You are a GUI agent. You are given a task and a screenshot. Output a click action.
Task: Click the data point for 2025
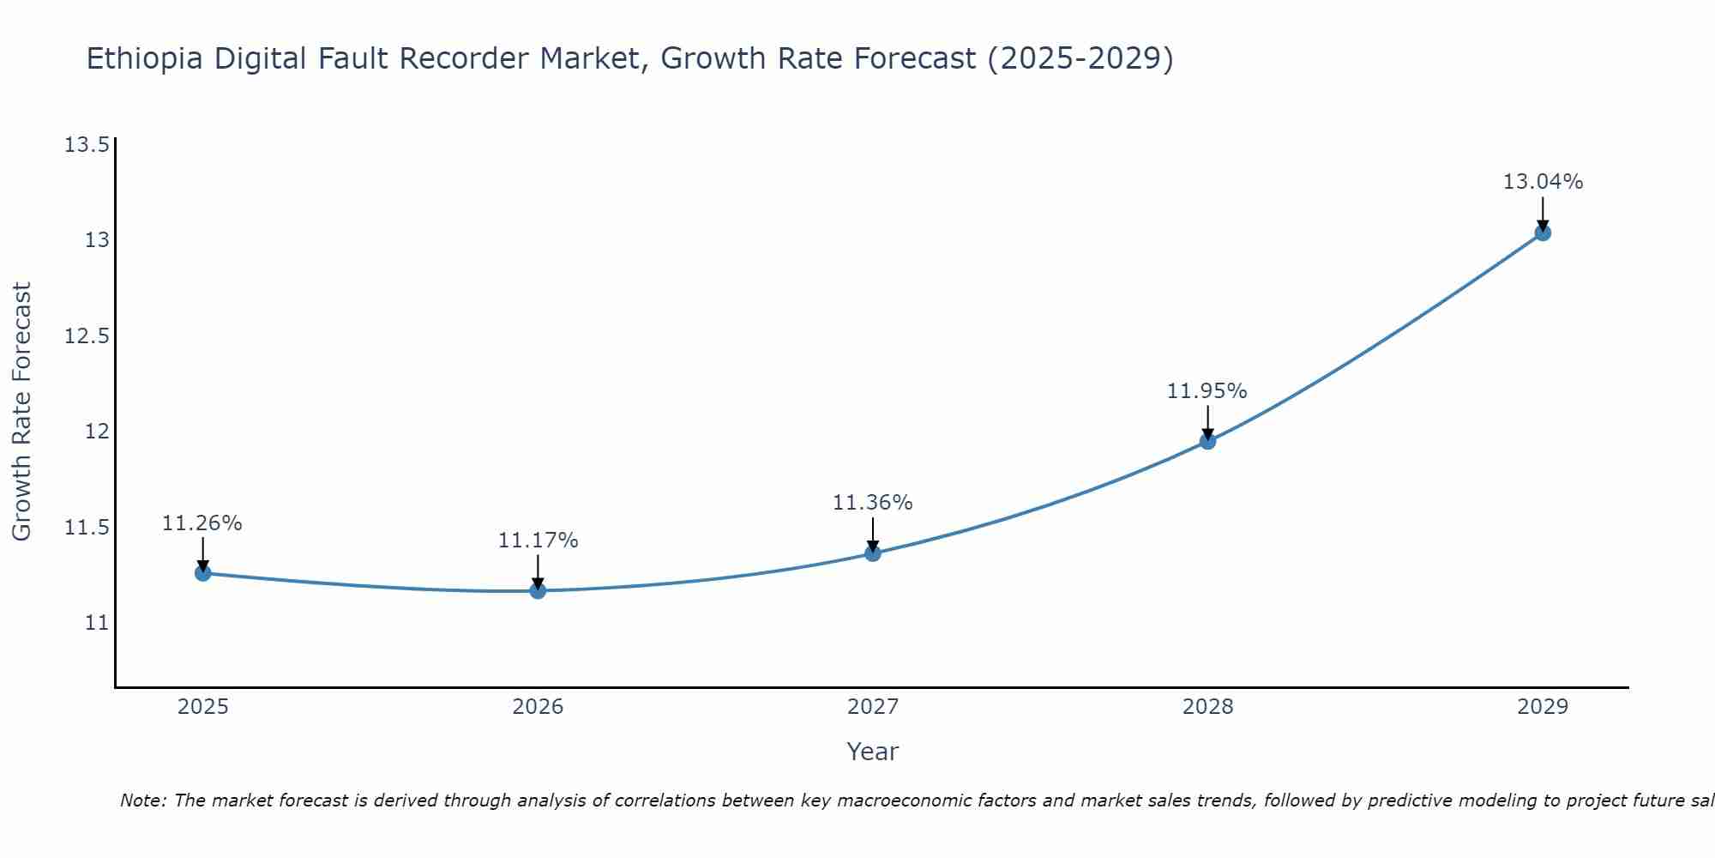202,573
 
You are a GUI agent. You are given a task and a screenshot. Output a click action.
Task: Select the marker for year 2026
538,590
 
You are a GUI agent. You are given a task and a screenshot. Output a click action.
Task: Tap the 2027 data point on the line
873,553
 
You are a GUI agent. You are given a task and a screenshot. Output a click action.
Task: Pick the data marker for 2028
1207,441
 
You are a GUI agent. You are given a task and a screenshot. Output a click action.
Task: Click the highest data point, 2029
1543,233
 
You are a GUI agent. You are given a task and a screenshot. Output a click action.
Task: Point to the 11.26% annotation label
202,523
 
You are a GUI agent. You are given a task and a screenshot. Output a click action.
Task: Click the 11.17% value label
538,541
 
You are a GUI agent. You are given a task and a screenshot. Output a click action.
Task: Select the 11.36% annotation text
873,503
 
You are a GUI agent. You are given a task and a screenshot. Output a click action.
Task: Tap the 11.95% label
1207,391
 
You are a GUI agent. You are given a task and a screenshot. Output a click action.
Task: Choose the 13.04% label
1543,182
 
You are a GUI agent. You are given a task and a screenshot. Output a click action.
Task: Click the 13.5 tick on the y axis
87,144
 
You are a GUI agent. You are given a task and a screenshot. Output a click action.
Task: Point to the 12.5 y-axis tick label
87,335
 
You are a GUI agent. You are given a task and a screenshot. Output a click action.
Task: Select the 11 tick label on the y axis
97,622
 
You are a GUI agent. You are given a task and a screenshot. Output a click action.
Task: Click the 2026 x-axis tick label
538,707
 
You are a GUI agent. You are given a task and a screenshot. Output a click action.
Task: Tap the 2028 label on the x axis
1207,707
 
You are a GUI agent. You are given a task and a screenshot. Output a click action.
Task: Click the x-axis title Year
872,752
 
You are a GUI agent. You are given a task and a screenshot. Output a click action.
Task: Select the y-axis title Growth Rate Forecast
21,412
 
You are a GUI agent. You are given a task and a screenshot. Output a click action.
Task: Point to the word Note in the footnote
141,801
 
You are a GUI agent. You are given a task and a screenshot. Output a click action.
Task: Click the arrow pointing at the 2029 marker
1543,213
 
